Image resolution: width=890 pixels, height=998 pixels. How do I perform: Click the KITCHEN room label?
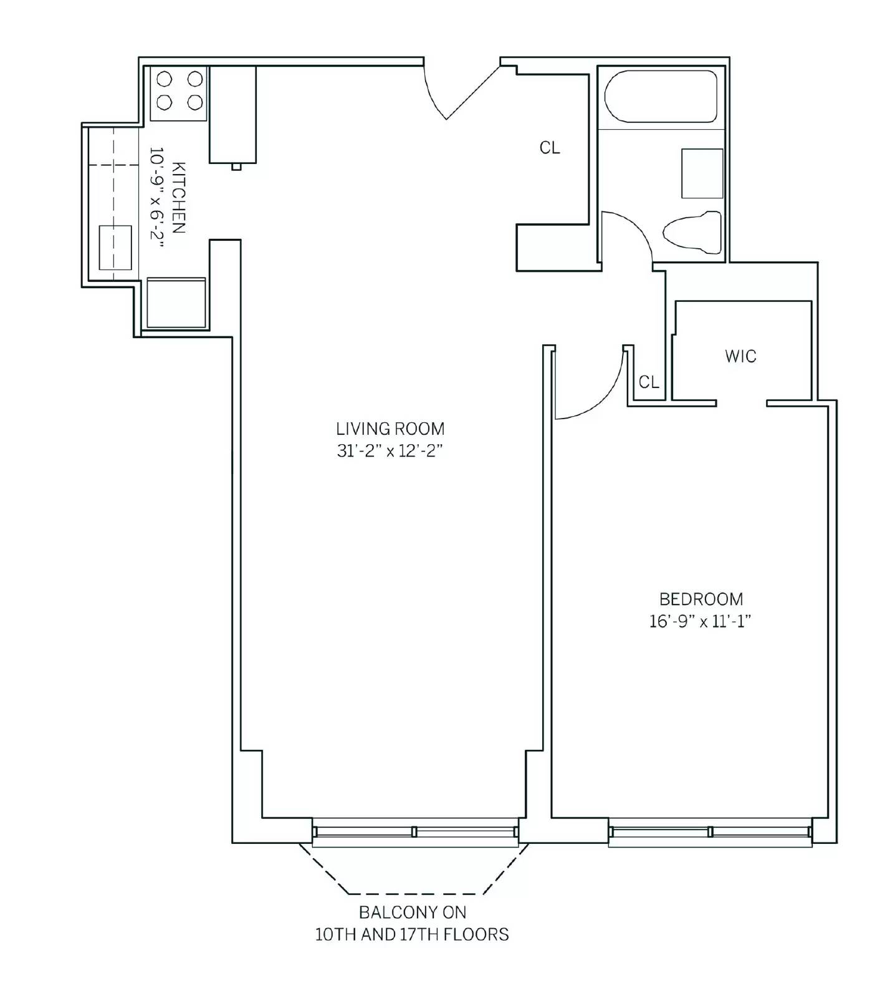pyautogui.click(x=178, y=198)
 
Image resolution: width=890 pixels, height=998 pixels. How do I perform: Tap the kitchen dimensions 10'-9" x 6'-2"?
pyautogui.click(x=156, y=198)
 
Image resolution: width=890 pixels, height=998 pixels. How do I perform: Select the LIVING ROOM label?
pyautogui.click(x=390, y=429)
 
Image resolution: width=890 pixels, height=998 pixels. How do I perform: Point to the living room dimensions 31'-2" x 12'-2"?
pyautogui.click(x=390, y=450)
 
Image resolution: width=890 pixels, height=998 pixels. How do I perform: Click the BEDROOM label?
pyautogui.click(x=701, y=599)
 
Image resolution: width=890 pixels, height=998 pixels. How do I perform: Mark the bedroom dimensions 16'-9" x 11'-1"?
pyautogui.click(x=701, y=621)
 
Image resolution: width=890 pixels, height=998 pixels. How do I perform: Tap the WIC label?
pyautogui.click(x=740, y=356)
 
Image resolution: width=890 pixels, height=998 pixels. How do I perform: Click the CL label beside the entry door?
pyautogui.click(x=550, y=148)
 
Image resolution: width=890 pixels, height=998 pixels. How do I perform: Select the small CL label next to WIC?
pyautogui.click(x=649, y=382)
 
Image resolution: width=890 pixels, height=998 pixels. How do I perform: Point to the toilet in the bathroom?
pyautogui.click(x=692, y=233)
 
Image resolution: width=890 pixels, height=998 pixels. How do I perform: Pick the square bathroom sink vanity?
pyautogui.click(x=702, y=173)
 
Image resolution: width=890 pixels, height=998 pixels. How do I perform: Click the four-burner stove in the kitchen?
pyautogui.click(x=179, y=93)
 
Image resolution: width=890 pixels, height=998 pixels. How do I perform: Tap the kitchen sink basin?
pyautogui.click(x=115, y=247)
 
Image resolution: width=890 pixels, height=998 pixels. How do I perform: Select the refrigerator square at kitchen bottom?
pyautogui.click(x=176, y=303)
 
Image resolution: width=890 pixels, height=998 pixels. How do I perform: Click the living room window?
pyautogui.click(x=415, y=832)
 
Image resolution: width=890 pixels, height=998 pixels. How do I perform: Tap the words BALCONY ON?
pyautogui.click(x=413, y=913)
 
